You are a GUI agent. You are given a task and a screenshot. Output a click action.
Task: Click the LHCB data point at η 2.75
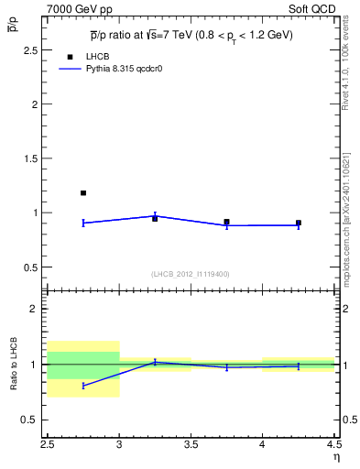(83, 193)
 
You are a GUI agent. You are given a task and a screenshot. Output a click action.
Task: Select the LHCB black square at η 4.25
(299, 223)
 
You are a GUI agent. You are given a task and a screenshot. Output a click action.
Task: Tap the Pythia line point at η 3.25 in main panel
(155, 216)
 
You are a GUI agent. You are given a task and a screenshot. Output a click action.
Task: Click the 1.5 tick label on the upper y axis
(33, 158)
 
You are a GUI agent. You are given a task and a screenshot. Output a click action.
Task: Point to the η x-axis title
(335, 457)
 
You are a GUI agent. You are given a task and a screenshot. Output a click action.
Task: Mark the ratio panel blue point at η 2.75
(83, 386)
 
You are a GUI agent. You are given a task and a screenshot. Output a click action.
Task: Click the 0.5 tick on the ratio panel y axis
(33, 420)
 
